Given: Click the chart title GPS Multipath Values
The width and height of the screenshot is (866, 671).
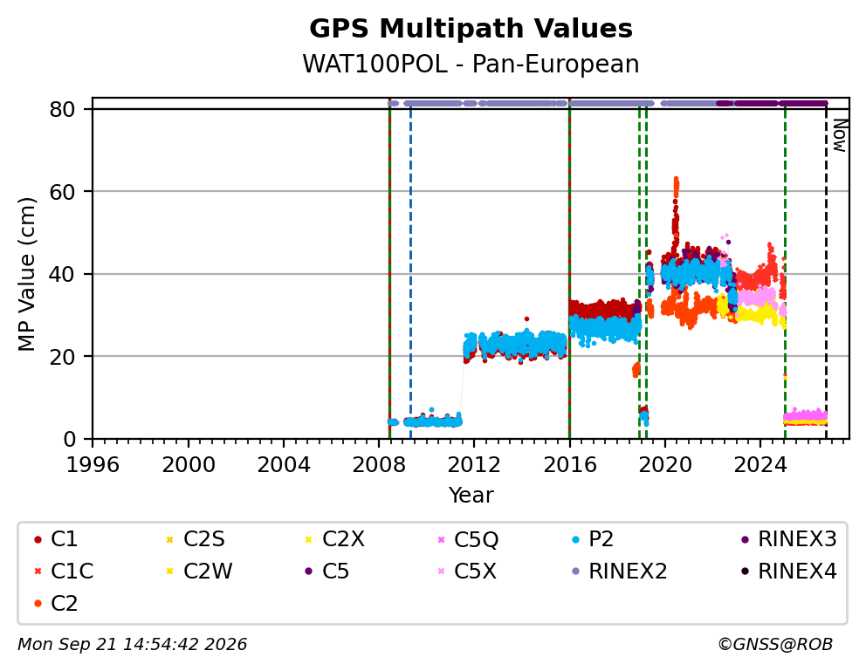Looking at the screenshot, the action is [471, 29].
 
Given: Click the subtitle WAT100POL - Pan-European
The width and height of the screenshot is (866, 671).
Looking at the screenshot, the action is [471, 64].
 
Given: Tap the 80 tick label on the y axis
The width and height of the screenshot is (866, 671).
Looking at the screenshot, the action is [62, 109].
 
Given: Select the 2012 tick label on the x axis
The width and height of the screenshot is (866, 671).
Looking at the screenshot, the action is [474, 464].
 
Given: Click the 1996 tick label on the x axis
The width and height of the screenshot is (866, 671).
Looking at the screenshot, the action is [93, 464].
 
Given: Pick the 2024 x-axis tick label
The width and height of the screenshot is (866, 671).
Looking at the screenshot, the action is [760, 464].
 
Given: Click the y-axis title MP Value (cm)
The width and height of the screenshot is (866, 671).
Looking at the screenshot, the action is [26, 274].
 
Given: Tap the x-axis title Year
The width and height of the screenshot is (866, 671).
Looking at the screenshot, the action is [471, 495].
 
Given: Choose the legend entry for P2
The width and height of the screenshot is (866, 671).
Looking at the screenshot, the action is [594, 539].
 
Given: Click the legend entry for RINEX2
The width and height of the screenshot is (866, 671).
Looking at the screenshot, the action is [620, 572].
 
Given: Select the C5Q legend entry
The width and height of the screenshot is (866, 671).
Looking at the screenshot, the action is [468, 539].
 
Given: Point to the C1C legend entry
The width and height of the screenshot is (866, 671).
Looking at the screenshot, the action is [64, 572].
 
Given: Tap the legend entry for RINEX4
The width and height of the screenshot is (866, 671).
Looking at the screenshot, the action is [788, 572].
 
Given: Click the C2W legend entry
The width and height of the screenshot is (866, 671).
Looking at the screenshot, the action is [199, 572].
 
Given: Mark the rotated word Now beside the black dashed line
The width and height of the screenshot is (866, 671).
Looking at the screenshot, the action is [840, 136].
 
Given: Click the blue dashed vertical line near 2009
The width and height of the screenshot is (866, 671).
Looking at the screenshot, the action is [410, 274].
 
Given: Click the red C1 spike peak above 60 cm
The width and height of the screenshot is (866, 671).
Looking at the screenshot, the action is [676, 181].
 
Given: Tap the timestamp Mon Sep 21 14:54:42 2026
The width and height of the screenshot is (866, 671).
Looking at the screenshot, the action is [133, 644].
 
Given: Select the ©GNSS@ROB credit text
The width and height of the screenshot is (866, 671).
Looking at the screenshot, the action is [775, 644].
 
